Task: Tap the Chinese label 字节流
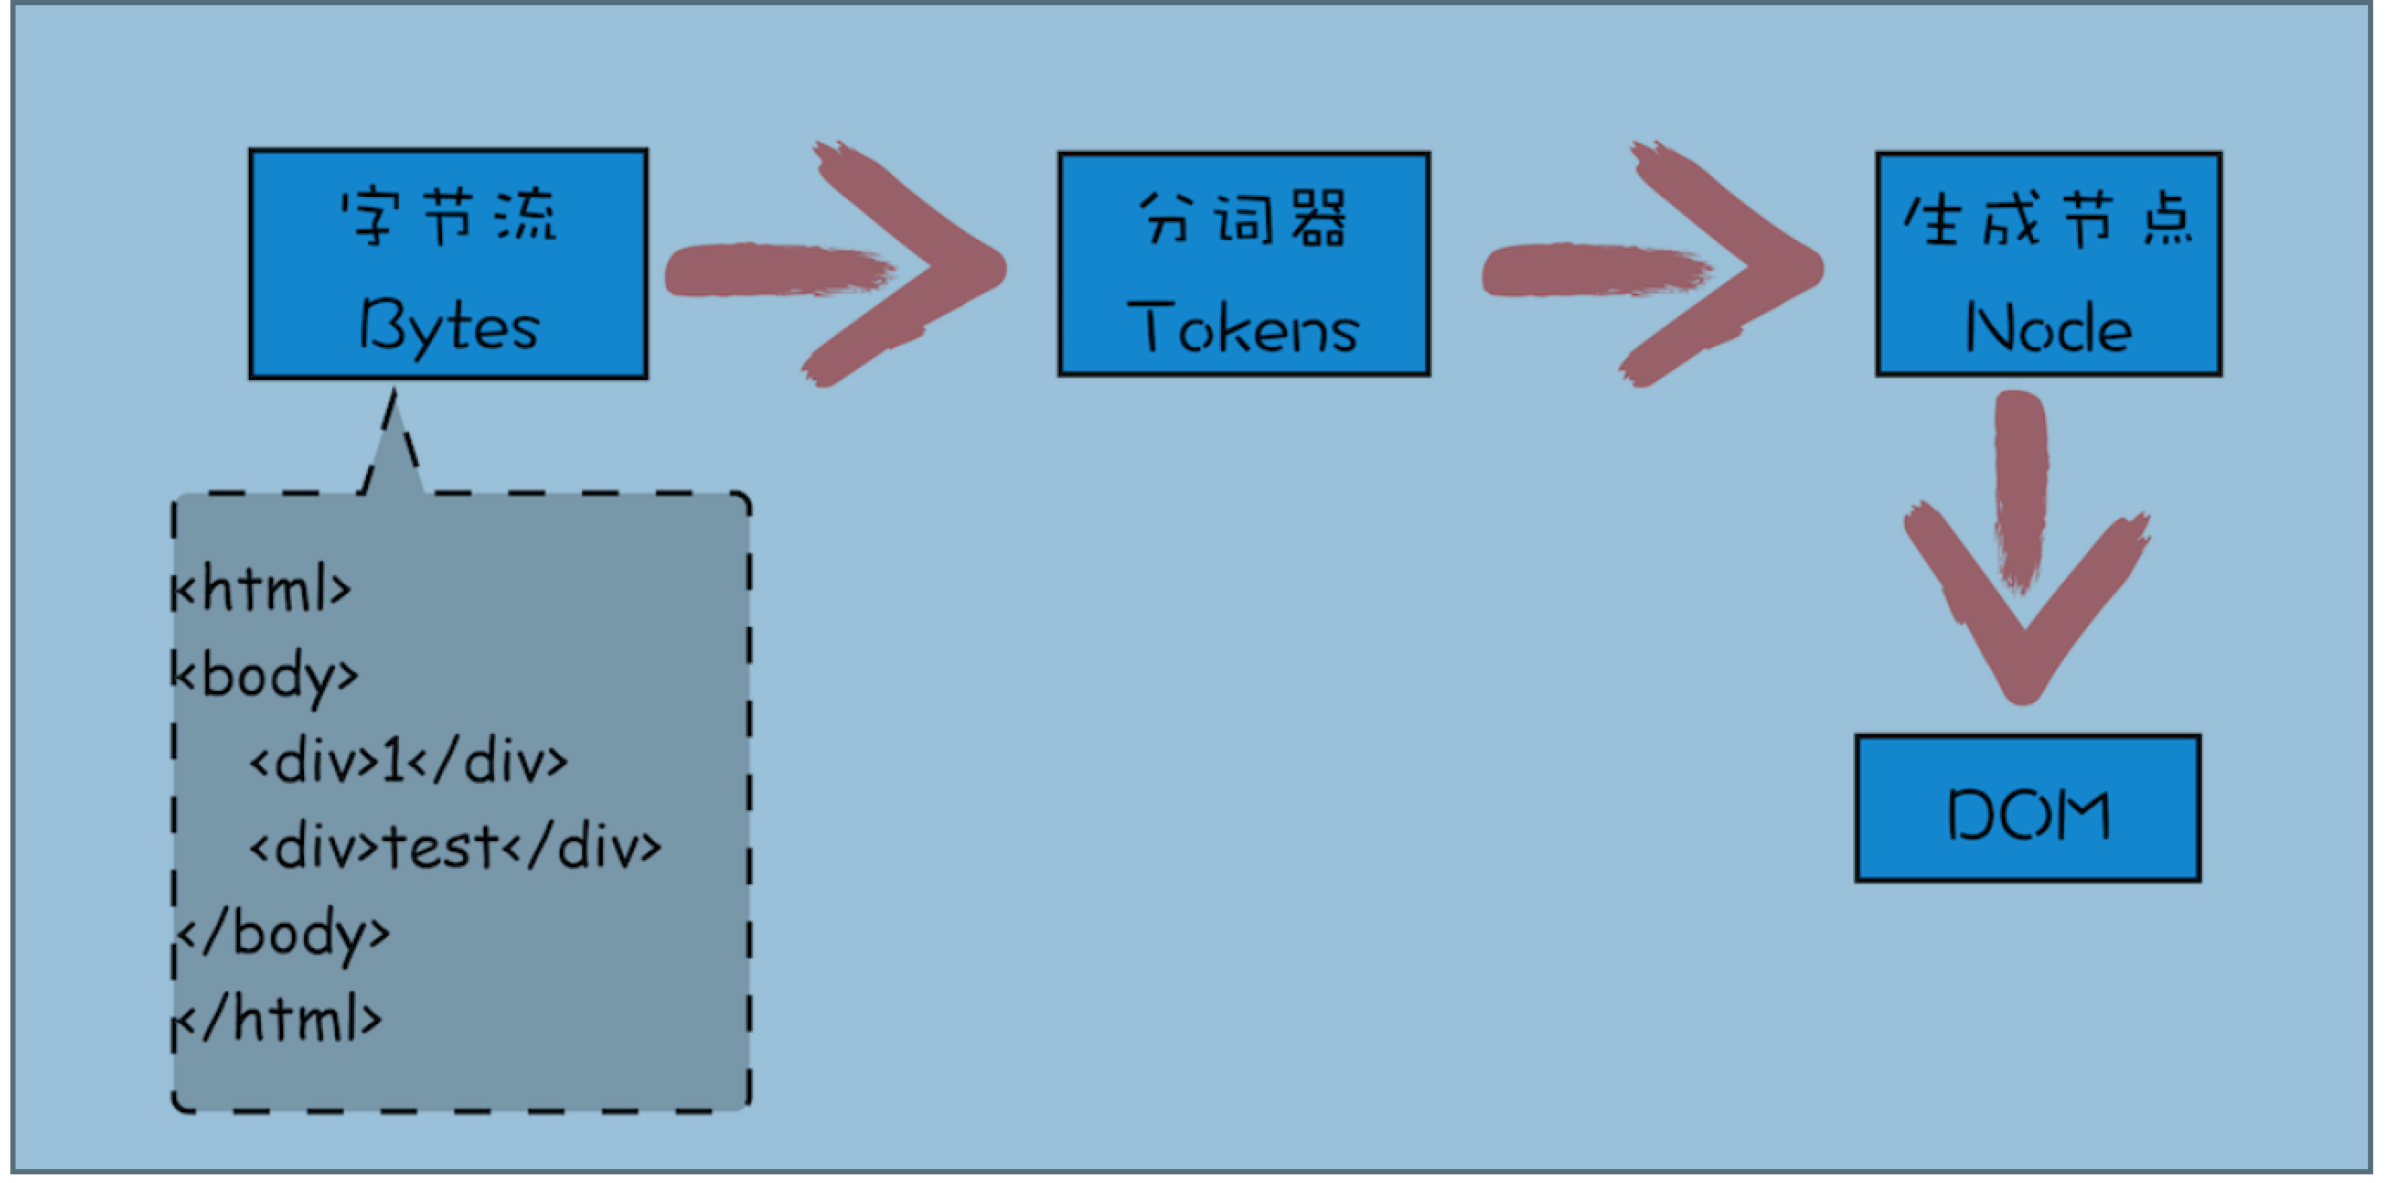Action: point(448,217)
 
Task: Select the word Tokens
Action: point(1244,330)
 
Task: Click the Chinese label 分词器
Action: point(1244,218)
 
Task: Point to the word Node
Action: point(2048,330)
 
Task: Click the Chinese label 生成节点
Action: point(2048,220)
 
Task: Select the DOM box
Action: point(2028,810)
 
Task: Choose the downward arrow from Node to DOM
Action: point(2023,556)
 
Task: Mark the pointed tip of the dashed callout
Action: point(394,395)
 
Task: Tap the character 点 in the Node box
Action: point(2169,220)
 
